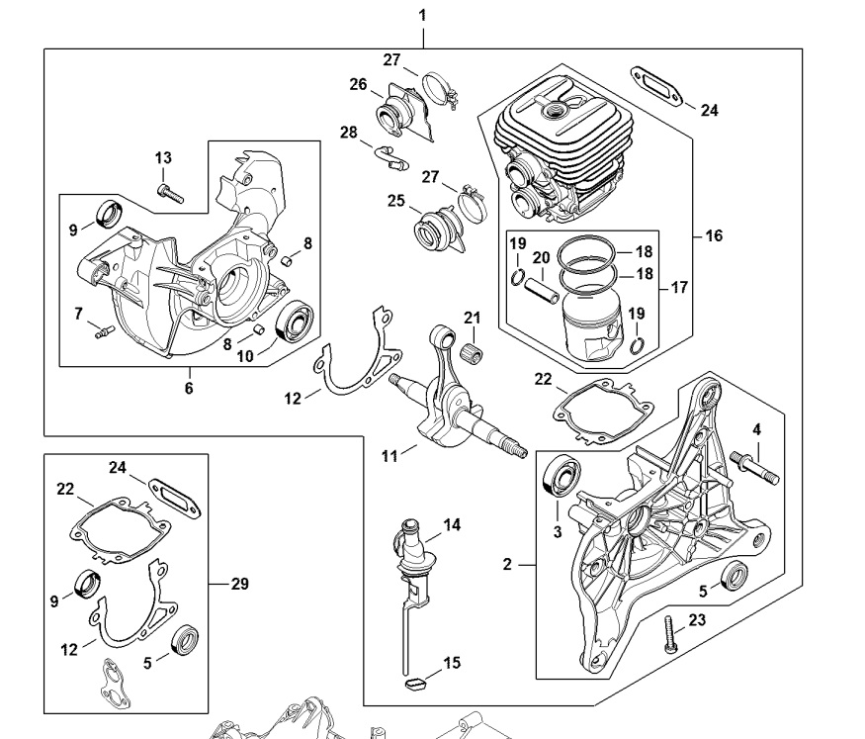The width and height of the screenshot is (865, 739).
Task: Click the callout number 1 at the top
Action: [x=422, y=15]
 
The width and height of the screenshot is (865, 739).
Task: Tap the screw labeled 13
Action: [x=170, y=193]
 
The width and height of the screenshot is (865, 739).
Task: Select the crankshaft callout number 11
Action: [x=389, y=456]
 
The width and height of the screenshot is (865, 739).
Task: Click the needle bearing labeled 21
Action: [x=472, y=351]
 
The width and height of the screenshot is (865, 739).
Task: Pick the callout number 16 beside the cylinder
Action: [x=714, y=235]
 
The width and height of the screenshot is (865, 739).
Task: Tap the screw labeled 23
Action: [x=670, y=635]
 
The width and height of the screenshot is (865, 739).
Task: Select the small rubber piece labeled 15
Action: [x=414, y=685]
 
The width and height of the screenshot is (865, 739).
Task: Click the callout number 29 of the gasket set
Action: [x=240, y=584]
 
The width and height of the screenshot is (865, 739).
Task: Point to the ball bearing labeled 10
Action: [x=294, y=323]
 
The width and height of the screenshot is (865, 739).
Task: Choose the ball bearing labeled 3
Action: [x=562, y=475]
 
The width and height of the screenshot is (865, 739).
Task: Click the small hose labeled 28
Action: [x=391, y=158]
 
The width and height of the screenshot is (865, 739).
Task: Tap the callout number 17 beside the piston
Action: [x=679, y=288]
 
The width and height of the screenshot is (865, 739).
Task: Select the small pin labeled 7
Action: [x=104, y=330]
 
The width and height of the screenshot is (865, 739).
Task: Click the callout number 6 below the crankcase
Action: [x=189, y=388]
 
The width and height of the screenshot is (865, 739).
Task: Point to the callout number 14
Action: [x=452, y=524]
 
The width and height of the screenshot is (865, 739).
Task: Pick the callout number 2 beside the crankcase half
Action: [x=507, y=564]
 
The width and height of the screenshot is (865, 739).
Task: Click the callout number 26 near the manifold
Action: [x=358, y=84]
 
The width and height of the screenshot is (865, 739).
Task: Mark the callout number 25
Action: [x=396, y=201]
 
